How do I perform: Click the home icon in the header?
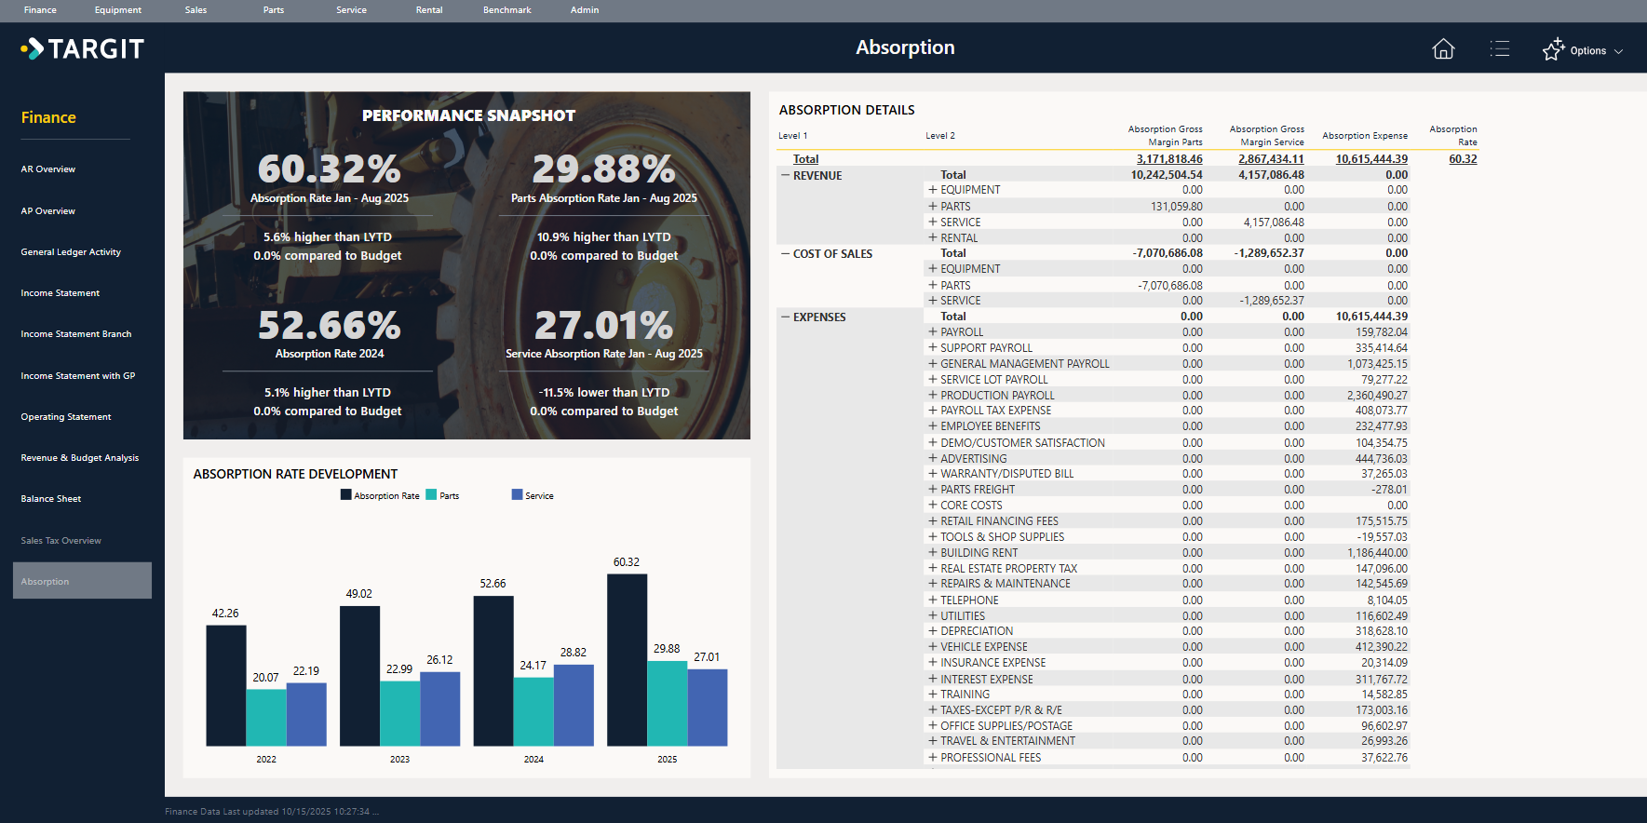[1443, 49]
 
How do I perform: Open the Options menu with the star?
[1582, 50]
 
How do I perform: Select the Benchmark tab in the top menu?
[506, 10]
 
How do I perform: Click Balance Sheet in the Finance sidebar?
[51, 499]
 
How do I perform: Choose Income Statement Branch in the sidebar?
[76, 334]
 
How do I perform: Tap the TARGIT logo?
[83, 48]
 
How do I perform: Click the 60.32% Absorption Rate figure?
[329, 169]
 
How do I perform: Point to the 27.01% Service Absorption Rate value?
[603, 326]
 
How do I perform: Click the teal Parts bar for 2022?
[266, 717]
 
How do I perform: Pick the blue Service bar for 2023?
[440, 708]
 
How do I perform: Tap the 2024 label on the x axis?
[533, 760]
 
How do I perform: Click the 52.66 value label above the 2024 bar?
[493, 584]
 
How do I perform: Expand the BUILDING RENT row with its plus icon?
[933, 553]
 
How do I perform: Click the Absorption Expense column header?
[1364, 136]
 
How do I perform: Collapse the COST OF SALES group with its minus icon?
[785, 254]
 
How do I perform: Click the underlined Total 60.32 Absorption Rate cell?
[1462, 159]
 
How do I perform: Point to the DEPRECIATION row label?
[976, 631]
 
